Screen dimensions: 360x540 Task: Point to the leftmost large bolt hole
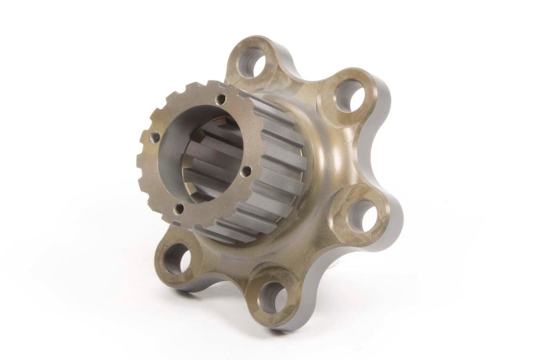point(177,259)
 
